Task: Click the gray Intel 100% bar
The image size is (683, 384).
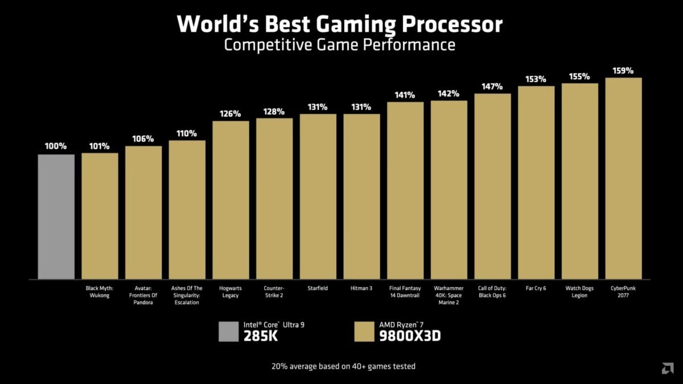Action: [x=56, y=217]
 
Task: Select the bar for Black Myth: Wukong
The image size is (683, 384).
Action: [x=100, y=216]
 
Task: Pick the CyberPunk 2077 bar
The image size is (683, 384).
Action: [x=623, y=179]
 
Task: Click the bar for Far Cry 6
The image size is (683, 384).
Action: [x=536, y=183]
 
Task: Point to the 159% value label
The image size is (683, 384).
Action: [x=623, y=71]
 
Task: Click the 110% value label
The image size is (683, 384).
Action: [x=187, y=134]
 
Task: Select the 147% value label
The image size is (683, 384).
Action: [x=492, y=86]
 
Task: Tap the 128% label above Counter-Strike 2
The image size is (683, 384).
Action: [x=274, y=112]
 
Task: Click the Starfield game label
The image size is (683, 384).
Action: [x=318, y=288]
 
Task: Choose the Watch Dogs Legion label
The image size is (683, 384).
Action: [x=579, y=292]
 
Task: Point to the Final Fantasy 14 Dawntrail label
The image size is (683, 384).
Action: [x=405, y=292]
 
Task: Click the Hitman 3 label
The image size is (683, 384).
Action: [x=361, y=288]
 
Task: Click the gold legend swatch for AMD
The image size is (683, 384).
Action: [x=365, y=332]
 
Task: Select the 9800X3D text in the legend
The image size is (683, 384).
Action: [x=410, y=336]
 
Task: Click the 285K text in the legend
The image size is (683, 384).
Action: [x=261, y=336]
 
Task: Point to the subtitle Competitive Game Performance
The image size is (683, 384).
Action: [x=340, y=45]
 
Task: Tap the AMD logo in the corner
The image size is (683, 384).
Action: [x=668, y=369]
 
